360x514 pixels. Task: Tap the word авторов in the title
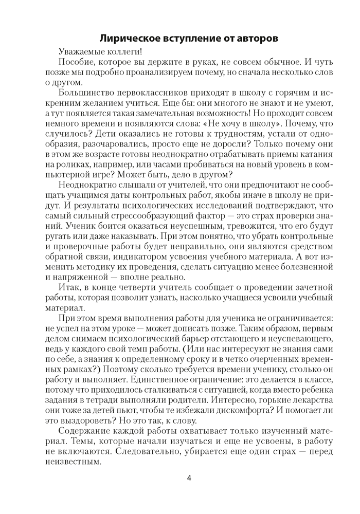[x=256, y=38]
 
